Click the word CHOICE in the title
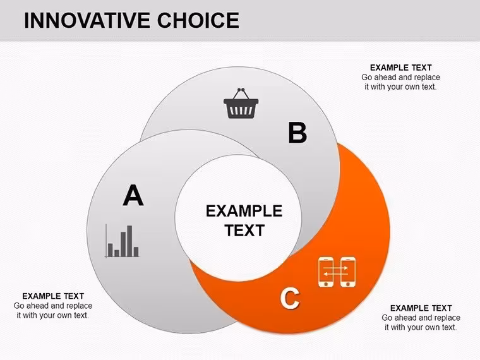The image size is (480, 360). coord(198,20)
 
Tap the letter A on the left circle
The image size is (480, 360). coord(133,195)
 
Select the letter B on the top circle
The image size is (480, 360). coord(297,133)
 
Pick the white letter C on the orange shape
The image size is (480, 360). coord(290,298)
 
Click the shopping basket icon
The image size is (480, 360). coord(241,103)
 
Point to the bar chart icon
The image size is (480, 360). coord(122,241)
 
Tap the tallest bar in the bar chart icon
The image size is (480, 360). coord(129,241)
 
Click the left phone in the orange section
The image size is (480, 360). coord(326,272)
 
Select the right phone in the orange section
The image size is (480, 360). coord(348,272)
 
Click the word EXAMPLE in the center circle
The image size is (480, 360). coord(244,211)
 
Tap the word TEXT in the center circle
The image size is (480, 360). coord(244,231)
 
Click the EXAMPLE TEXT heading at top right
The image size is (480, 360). coord(400,68)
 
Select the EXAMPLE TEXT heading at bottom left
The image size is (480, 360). coord(53,296)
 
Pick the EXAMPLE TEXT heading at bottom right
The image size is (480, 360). coord(421,308)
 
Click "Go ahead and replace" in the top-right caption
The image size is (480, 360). coord(400,77)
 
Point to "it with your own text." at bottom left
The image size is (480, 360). coord(53,315)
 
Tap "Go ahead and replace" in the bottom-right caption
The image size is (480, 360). coord(421,318)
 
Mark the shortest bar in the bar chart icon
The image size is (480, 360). coord(117,253)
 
